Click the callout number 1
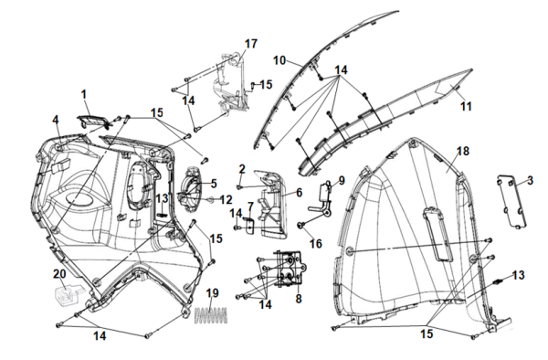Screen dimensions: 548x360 coord(83,94)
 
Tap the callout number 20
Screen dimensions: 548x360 coord(59,274)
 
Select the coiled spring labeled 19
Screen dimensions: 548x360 coord(211,315)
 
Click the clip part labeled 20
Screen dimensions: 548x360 coord(68,295)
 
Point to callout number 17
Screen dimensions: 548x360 coord(251,44)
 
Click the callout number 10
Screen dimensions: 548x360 coord(279,60)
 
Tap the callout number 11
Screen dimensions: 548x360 coord(466,106)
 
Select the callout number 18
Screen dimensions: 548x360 coord(463,152)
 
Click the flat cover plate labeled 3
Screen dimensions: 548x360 coord(511,200)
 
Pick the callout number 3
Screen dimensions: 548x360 coord(530,181)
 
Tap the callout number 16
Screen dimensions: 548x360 coord(316,244)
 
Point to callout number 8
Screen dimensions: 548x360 coord(298,299)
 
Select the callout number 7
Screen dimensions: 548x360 coord(250,206)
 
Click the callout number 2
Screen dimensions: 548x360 coord(242,170)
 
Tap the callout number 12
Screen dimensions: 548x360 coord(226,200)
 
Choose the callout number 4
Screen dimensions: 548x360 coord(56,120)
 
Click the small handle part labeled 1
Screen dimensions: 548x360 coord(91,121)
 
